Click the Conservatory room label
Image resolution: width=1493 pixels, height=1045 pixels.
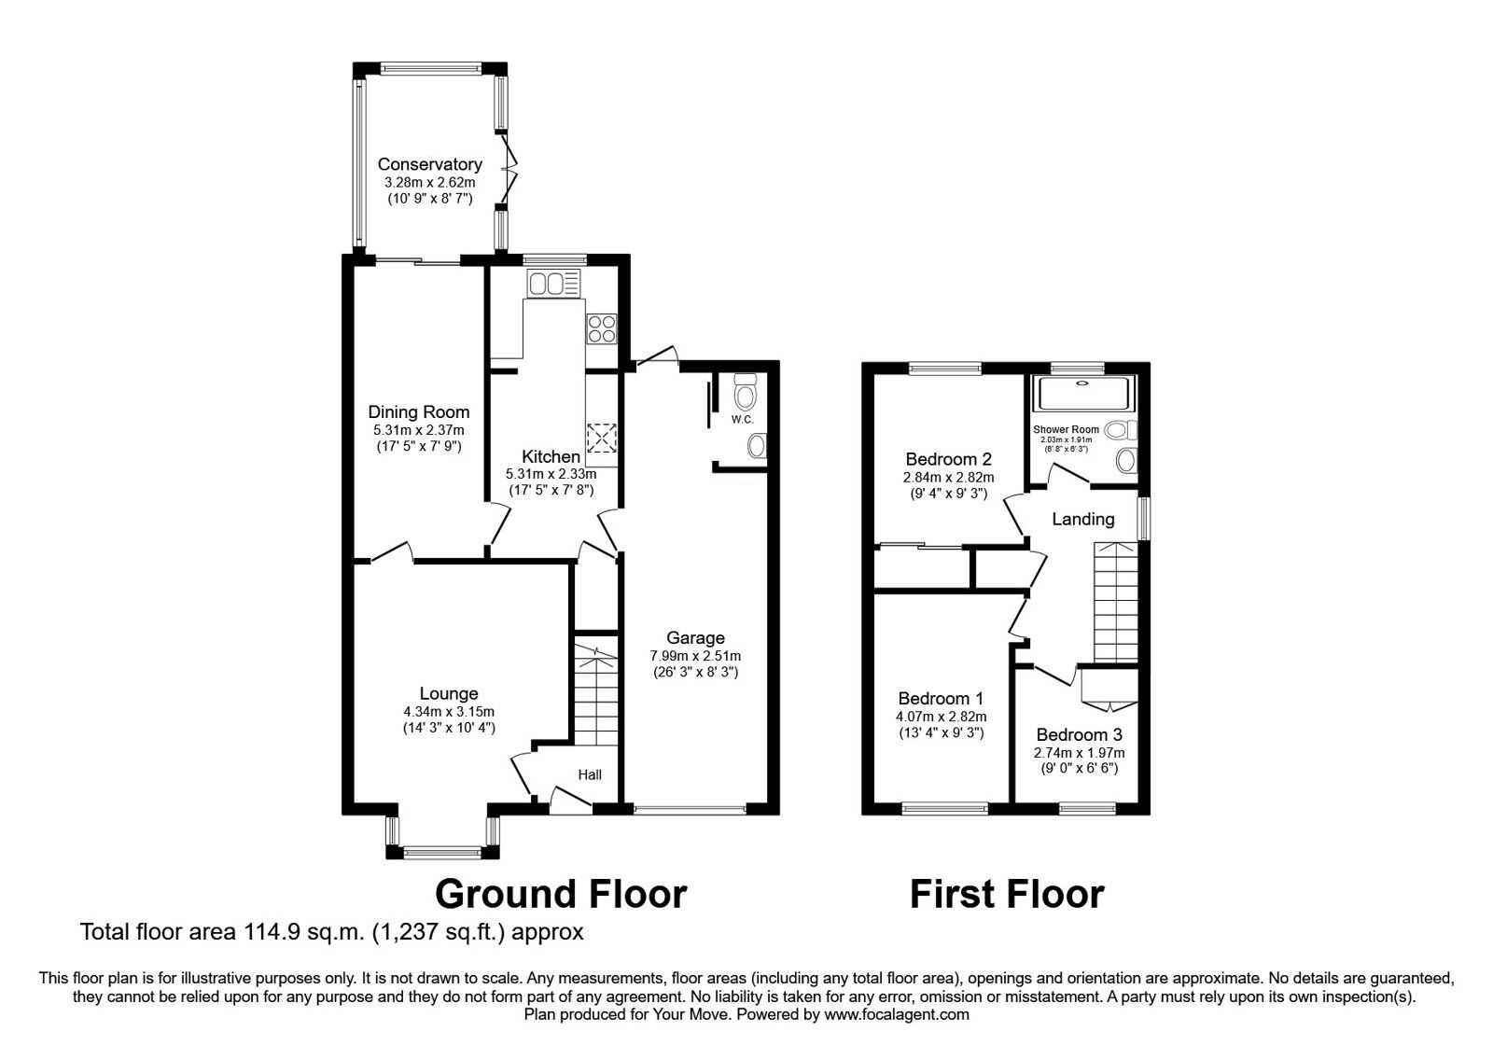coord(429,165)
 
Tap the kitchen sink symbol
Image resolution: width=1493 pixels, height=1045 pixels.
coord(552,282)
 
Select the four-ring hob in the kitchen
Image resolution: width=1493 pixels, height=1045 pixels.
coord(601,328)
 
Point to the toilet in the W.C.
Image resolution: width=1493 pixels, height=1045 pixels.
coord(745,394)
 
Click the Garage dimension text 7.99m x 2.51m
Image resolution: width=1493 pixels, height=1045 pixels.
coord(695,655)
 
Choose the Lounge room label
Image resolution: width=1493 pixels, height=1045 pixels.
coord(448,693)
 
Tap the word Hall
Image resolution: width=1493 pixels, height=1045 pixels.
coord(590,774)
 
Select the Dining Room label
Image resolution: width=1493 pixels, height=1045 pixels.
coord(418,411)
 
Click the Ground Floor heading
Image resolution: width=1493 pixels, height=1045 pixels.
coord(561,893)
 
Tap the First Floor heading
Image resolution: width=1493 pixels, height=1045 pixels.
coord(1006,893)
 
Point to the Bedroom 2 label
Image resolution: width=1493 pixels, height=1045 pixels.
coord(948,459)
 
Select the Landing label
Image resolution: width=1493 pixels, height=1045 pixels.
coord(1082,519)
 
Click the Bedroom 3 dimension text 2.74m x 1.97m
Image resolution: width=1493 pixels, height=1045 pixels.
coord(1079,752)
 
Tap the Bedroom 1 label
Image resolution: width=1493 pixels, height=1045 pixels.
coord(941,698)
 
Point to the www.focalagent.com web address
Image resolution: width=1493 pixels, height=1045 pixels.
coord(897,1014)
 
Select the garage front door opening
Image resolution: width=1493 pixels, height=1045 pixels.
coord(689,808)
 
